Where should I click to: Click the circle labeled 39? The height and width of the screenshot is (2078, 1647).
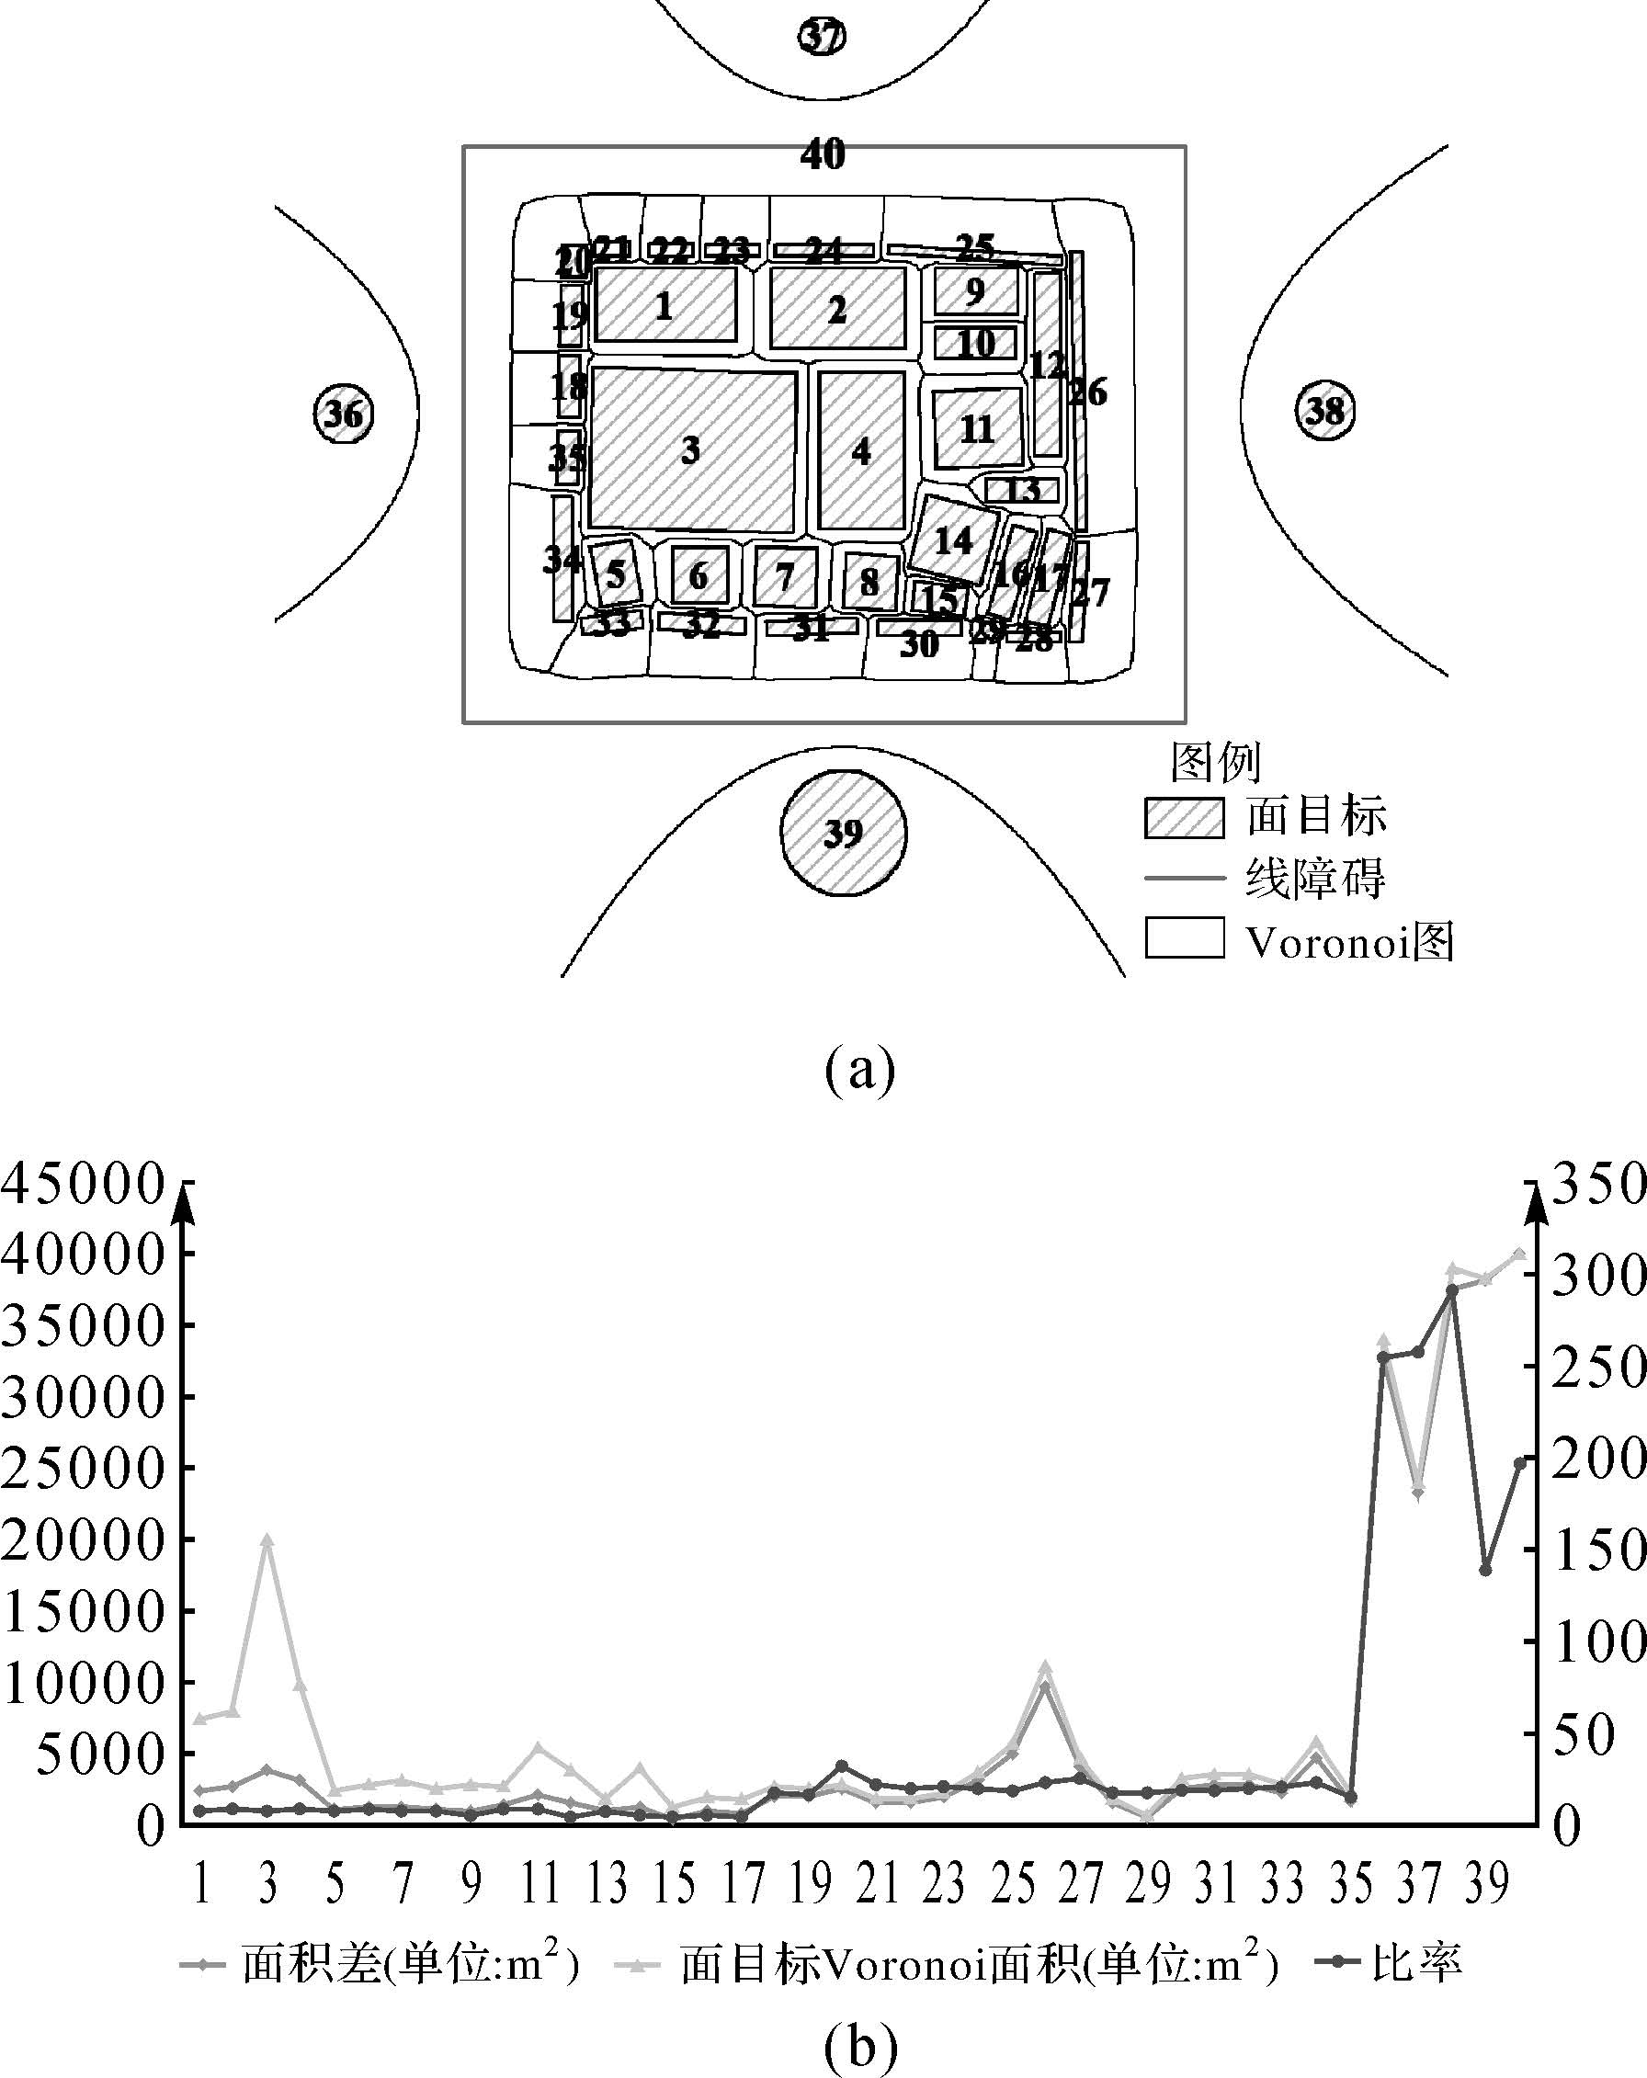pyautogui.click(x=842, y=832)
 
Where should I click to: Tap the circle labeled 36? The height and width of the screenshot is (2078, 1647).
pyautogui.click(x=343, y=414)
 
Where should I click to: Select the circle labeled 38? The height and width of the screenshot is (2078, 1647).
pyautogui.click(x=1324, y=411)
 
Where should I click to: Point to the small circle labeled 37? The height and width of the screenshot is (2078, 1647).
pyautogui.click(x=822, y=38)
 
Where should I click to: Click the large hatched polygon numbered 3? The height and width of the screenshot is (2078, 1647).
pyautogui.click(x=692, y=449)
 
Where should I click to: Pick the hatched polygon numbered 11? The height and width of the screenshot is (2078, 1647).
pyautogui.click(x=977, y=428)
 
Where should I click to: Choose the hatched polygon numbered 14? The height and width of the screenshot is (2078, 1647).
pyautogui.click(x=954, y=539)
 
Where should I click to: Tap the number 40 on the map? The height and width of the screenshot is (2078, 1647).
pyautogui.click(x=822, y=154)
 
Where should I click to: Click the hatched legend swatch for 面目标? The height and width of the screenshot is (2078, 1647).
pyautogui.click(x=1185, y=817)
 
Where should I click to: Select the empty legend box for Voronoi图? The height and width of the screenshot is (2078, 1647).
pyautogui.click(x=1185, y=937)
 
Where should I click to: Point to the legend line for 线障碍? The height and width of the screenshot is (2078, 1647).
pyautogui.click(x=1185, y=878)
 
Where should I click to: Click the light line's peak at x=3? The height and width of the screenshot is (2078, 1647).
pyautogui.click(x=268, y=1540)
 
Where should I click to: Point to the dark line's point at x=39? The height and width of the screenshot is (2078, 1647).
pyautogui.click(x=1485, y=1570)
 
